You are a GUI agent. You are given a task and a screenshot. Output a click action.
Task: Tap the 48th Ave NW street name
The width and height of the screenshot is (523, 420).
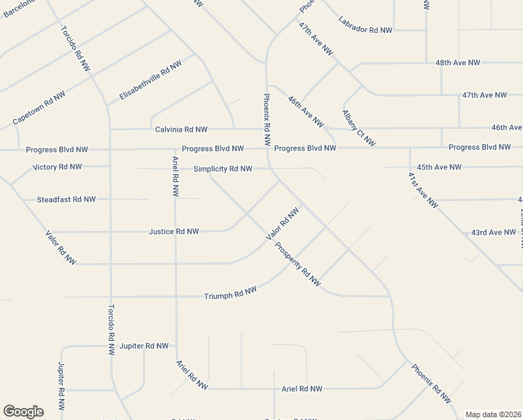pos(457,63)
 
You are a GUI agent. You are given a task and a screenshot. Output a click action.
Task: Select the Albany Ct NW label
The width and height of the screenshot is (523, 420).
pos(359,128)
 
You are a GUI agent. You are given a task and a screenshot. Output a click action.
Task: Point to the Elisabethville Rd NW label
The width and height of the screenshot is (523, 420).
pos(150,79)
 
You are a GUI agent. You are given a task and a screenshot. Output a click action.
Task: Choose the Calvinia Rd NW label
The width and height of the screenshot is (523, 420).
pos(181,129)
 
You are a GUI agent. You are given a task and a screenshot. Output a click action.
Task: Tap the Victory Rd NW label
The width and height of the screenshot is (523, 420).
pos(57,167)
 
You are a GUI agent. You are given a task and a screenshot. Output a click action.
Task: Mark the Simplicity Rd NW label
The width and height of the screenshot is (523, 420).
pos(222,169)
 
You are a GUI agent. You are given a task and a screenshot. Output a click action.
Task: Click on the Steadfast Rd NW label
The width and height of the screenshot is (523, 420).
pos(66,199)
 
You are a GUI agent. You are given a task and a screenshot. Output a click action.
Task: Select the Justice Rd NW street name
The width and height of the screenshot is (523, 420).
pos(173,231)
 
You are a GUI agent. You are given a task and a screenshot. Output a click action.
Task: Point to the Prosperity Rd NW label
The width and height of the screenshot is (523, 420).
pos(297,265)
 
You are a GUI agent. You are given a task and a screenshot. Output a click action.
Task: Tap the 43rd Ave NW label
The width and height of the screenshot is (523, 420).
pos(493,232)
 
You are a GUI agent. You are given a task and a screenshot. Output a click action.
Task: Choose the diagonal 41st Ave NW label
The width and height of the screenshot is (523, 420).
pos(422,189)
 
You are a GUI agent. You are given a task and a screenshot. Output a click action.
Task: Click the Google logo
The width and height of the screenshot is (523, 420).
pos(23,412)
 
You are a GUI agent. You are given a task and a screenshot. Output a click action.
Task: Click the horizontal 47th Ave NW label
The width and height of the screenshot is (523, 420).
pos(484,94)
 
